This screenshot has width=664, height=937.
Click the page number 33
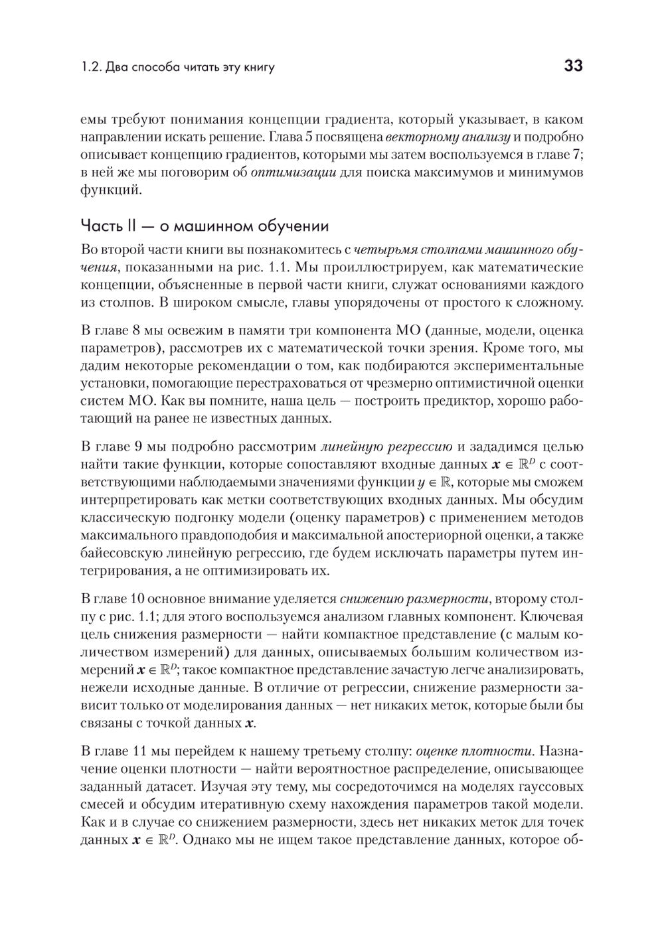[573, 66]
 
